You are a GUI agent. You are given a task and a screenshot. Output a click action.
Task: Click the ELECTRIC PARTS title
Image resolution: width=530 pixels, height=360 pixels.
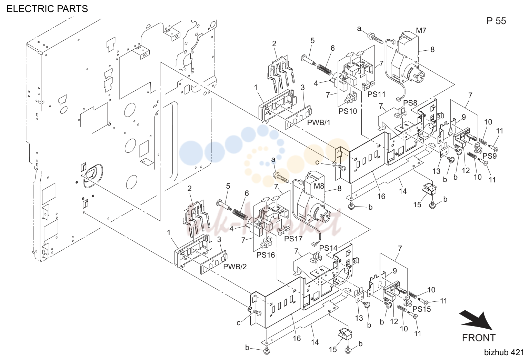pyautogui.click(x=47, y=9)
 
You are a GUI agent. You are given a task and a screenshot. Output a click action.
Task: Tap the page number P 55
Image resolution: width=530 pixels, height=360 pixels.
pyautogui.click(x=496, y=21)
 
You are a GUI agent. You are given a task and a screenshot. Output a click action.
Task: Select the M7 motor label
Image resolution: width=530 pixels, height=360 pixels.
pyautogui.click(x=421, y=30)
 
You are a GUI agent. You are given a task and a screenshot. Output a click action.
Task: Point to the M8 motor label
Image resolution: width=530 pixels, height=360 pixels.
pyautogui.click(x=319, y=186)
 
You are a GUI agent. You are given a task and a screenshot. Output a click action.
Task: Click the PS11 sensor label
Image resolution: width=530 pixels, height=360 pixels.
pyautogui.click(x=377, y=94)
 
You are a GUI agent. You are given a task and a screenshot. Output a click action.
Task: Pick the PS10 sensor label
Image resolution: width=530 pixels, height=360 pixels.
pyautogui.click(x=348, y=111)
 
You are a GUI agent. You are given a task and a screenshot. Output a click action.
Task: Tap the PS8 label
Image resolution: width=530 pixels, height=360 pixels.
pyautogui.click(x=410, y=103)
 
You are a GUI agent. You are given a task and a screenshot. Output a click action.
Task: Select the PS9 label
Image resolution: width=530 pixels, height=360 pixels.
pyautogui.click(x=489, y=156)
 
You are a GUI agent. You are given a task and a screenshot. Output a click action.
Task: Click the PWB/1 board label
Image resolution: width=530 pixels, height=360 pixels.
pyautogui.click(x=319, y=122)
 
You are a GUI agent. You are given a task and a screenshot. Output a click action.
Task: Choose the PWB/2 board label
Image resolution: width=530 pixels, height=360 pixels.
pyautogui.click(x=235, y=267)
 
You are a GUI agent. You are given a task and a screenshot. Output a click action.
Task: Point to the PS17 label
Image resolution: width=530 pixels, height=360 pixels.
pyautogui.click(x=293, y=239)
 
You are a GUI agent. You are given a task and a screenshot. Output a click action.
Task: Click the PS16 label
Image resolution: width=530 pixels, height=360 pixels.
pyautogui.click(x=266, y=255)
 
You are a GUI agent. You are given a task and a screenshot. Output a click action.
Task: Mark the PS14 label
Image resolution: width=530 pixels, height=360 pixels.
pyautogui.click(x=328, y=248)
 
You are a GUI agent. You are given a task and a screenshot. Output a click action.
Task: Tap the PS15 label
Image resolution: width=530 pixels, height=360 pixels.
pyautogui.click(x=422, y=309)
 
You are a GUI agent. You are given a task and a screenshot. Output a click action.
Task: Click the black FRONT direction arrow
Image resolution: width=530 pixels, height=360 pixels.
pyautogui.click(x=476, y=321)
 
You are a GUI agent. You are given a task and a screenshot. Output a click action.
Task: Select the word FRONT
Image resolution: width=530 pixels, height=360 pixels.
pyautogui.click(x=479, y=338)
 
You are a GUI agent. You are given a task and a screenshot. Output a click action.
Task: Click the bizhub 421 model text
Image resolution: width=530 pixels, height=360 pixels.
pyautogui.click(x=504, y=353)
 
